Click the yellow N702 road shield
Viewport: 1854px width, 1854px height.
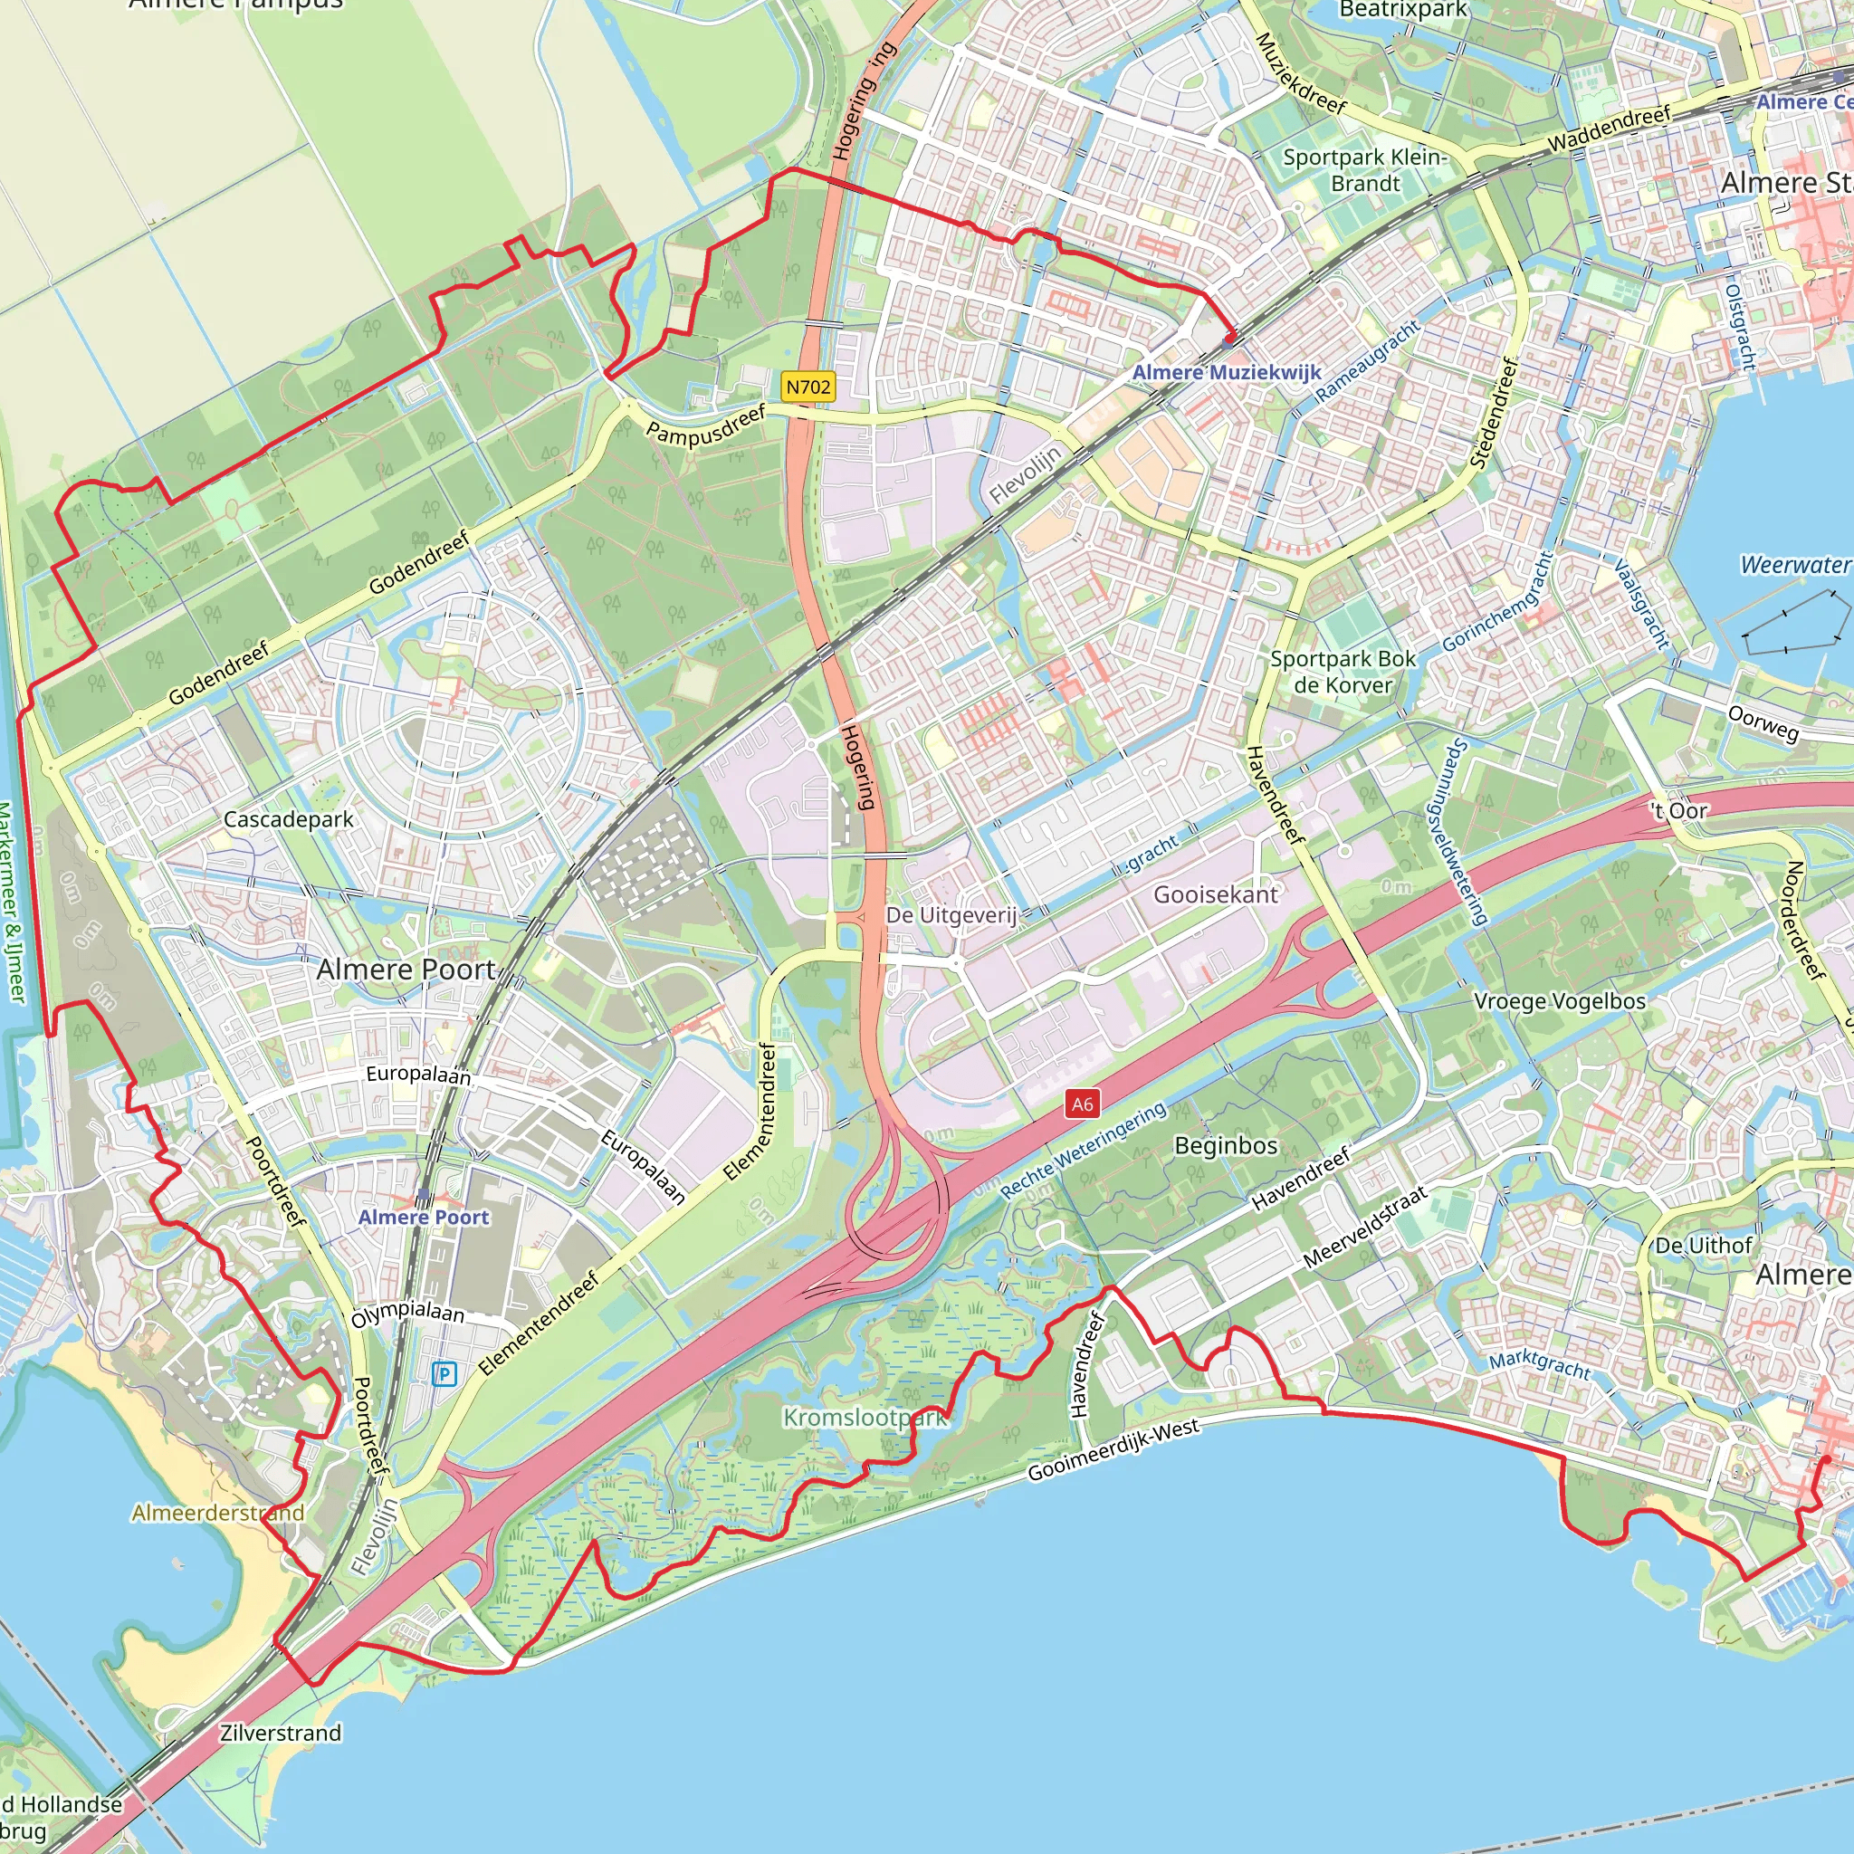(x=808, y=387)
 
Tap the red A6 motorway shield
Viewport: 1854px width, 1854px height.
(x=1082, y=1104)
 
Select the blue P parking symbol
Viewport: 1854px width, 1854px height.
(x=444, y=1374)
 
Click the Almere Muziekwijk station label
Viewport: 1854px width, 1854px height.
(x=1227, y=372)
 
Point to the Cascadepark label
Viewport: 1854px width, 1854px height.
(x=288, y=819)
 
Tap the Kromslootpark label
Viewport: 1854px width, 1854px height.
(x=865, y=1418)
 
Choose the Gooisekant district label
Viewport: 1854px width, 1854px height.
(x=1215, y=894)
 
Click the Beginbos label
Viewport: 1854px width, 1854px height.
(x=1226, y=1146)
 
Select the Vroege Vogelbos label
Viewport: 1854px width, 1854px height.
(x=1560, y=1001)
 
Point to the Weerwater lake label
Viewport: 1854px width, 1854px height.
(x=1794, y=564)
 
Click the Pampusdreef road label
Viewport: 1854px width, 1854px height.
(x=706, y=425)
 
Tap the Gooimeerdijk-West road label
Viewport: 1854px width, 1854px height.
(x=1113, y=1450)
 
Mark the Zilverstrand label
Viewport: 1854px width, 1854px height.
(x=281, y=1733)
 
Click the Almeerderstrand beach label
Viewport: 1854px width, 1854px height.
(x=218, y=1513)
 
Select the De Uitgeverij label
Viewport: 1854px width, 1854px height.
(x=950, y=914)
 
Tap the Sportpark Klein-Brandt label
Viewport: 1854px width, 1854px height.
(x=1363, y=170)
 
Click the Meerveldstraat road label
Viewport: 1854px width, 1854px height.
(x=1364, y=1228)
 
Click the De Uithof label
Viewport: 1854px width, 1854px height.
(x=1704, y=1246)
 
